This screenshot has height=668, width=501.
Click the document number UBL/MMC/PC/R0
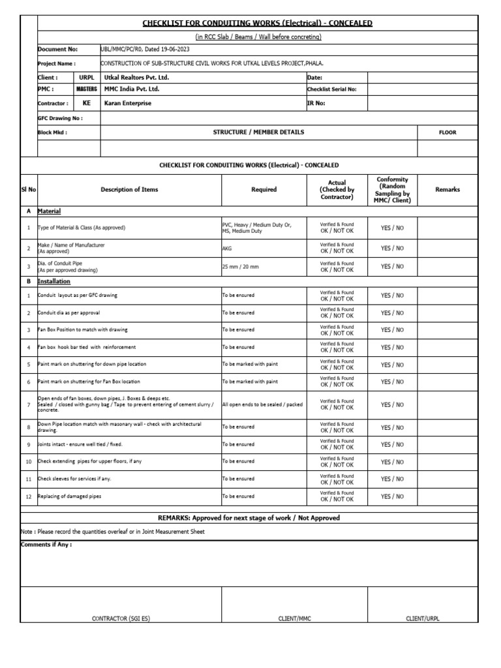coord(121,49)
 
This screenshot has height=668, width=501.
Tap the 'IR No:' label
coord(315,103)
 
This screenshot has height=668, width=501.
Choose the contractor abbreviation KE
coord(86,103)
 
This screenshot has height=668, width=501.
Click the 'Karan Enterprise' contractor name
coord(129,103)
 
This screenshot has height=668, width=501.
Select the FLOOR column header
coord(448,132)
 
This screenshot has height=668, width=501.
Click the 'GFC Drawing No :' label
coord(60,118)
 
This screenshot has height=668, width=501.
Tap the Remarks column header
coord(448,189)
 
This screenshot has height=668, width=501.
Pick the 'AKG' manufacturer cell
coord(227,249)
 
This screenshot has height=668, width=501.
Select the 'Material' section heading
coord(50,211)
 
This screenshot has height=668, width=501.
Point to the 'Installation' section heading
coord(54,281)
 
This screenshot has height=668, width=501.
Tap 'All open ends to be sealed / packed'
coord(262,404)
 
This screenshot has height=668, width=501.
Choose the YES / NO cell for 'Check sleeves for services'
coord(392,479)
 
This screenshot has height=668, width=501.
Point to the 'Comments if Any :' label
coord(46,544)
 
